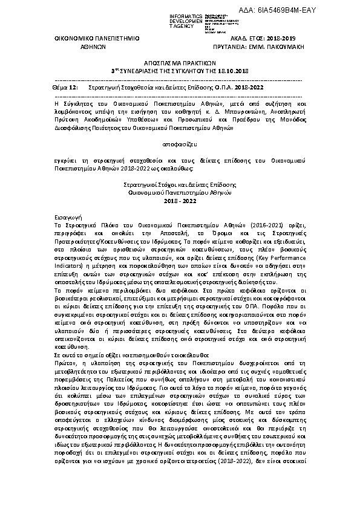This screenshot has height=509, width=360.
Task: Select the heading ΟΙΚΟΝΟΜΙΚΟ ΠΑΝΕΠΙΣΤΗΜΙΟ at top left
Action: tap(89, 37)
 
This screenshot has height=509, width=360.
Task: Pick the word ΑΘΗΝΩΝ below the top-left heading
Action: tap(89, 45)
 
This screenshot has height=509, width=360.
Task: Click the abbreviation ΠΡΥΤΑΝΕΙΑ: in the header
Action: tap(227, 45)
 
